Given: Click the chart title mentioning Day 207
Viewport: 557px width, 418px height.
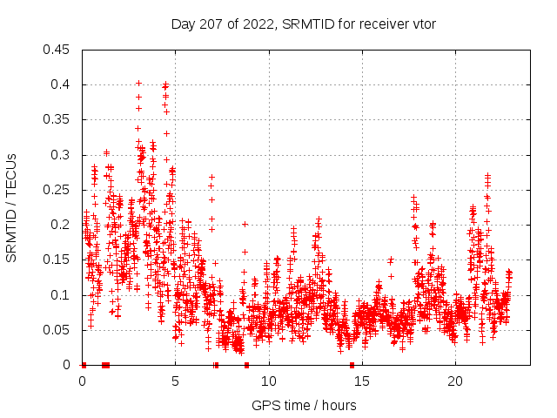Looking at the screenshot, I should tap(303, 24).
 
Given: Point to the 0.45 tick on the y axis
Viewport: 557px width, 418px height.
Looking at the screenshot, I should tap(57, 50).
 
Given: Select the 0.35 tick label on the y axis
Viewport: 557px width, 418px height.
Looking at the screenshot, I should tap(57, 119).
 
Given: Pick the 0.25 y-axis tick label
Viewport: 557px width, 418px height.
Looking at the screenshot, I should tap(57, 190).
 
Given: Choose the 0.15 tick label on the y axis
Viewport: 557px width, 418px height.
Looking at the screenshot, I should tap(57, 260).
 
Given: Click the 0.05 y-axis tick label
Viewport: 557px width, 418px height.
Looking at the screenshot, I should tap(57, 330).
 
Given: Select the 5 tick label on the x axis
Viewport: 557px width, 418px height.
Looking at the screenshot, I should tap(175, 381).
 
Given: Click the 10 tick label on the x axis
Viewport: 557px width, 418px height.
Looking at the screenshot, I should tap(269, 381).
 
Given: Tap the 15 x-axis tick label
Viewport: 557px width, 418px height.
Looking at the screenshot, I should tap(362, 381).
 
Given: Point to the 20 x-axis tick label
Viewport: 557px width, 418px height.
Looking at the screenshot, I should tap(455, 381).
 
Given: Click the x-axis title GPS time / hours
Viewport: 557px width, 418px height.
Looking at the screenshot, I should tap(304, 405).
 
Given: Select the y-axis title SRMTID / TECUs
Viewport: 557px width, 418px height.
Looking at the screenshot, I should tap(12, 207).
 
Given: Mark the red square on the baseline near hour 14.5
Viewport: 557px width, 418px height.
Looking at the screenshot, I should tap(352, 365).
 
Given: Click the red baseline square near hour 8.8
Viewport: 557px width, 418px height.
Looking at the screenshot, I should tap(246, 365).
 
